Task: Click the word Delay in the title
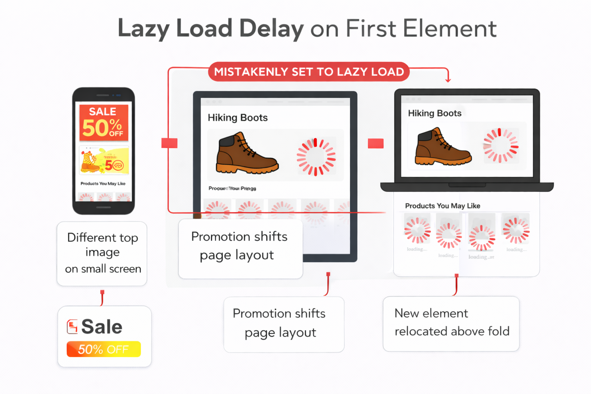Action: point(271,28)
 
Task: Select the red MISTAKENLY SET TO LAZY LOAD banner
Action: point(309,72)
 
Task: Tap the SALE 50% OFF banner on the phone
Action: point(104,123)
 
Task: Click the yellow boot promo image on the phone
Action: point(104,160)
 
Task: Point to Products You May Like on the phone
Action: point(103,184)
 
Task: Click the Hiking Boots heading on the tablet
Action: point(237,118)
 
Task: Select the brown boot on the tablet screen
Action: point(247,154)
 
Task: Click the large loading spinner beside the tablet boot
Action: point(316,157)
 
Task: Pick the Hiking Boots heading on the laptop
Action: point(434,113)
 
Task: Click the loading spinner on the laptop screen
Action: point(501,145)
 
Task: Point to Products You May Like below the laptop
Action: point(442,206)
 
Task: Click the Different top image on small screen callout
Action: point(102,253)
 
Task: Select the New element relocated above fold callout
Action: point(451,322)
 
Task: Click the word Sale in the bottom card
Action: point(102,327)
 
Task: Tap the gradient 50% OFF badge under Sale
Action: point(104,349)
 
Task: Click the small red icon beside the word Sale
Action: point(72,327)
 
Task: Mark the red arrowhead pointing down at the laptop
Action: point(448,80)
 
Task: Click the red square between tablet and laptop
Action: point(376,144)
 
